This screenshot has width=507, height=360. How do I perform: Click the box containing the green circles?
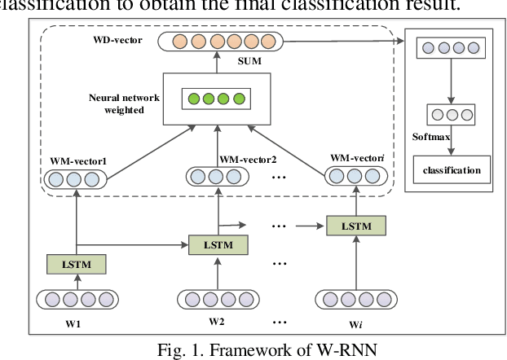216,99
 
